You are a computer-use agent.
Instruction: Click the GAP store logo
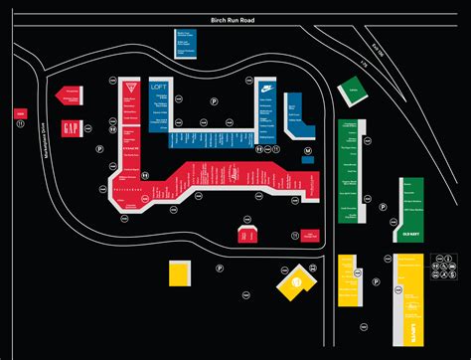pos(71,130)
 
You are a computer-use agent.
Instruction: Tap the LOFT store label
pos(158,89)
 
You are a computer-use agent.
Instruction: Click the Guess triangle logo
pos(127,89)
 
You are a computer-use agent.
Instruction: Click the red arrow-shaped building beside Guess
pos(70,93)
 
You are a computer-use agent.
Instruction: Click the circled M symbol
pos(308,151)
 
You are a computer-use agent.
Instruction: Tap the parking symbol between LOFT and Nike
pos(212,100)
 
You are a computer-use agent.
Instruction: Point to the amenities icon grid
pos(440,267)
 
